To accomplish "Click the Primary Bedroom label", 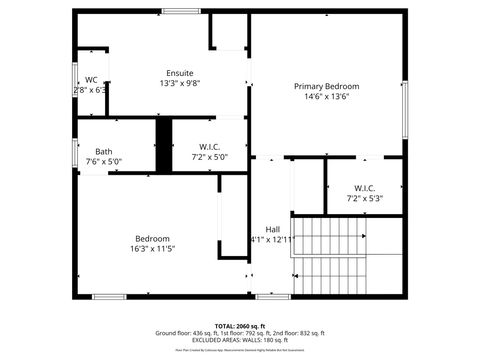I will [x=326, y=87].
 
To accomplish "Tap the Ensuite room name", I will [x=180, y=73].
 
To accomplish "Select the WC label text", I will [x=91, y=80].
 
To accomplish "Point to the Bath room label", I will [x=104, y=151].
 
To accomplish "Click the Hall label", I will [x=272, y=229].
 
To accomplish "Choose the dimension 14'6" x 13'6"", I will [x=326, y=97].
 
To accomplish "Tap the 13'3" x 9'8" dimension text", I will [x=180, y=83].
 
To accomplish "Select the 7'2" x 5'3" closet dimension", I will [x=364, y=198].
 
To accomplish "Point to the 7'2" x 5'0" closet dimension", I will [x=209, y=157].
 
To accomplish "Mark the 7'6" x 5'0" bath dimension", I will [x=104, y=161].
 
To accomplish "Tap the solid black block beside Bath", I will [x=164, y=144].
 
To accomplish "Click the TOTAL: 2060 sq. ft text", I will [x=240, y=326].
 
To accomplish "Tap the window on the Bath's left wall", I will [x=75, y=152].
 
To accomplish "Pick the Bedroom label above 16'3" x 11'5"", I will [x=152, y=238].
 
